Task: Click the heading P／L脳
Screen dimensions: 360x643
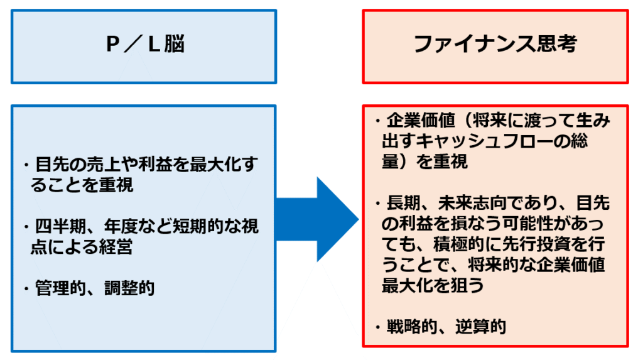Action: coord(144,46)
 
